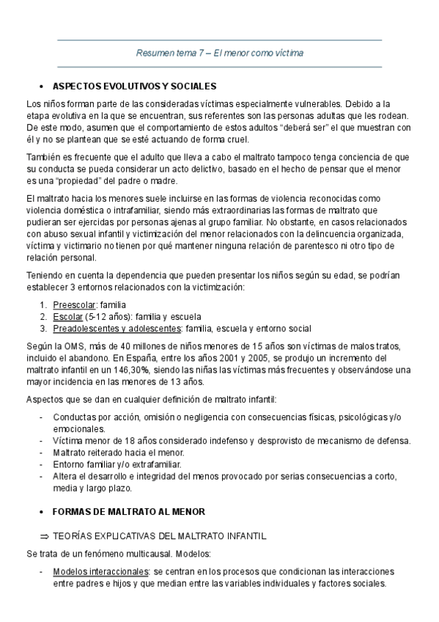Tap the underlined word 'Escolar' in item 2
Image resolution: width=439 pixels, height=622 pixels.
[x=67, y=316]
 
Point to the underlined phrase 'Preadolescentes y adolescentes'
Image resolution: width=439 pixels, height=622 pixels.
[x=118, y=328]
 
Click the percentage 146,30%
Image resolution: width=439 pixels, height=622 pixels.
[x=128, y=370]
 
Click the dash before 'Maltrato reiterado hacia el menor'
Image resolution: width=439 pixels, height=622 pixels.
[x=40, y=453]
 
